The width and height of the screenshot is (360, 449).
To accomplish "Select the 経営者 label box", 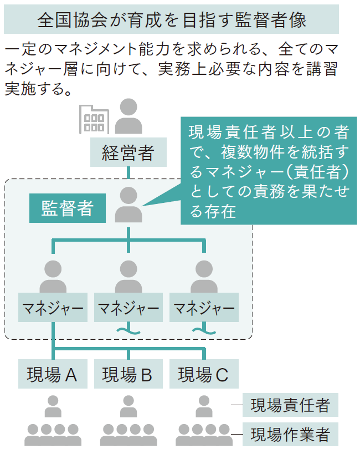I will click(128, 152).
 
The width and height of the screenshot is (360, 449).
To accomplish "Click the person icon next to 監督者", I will click(128, 205).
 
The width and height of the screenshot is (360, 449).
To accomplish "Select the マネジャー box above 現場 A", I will click(53, 308).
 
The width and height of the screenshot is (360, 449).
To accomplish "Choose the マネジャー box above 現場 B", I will click(128, 308).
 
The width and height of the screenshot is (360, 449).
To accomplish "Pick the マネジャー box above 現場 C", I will click(204, 308).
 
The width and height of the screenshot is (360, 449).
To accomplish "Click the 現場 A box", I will click(53, 375).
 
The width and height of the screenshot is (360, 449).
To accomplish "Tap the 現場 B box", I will click(128, 375).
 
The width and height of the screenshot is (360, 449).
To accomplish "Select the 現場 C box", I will click(204, 375).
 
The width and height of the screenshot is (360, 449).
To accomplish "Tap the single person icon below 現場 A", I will click(53, 406).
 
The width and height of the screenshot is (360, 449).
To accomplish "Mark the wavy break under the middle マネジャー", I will click(128, 331).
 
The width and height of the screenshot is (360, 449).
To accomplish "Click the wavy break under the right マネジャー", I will click(204, 331).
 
